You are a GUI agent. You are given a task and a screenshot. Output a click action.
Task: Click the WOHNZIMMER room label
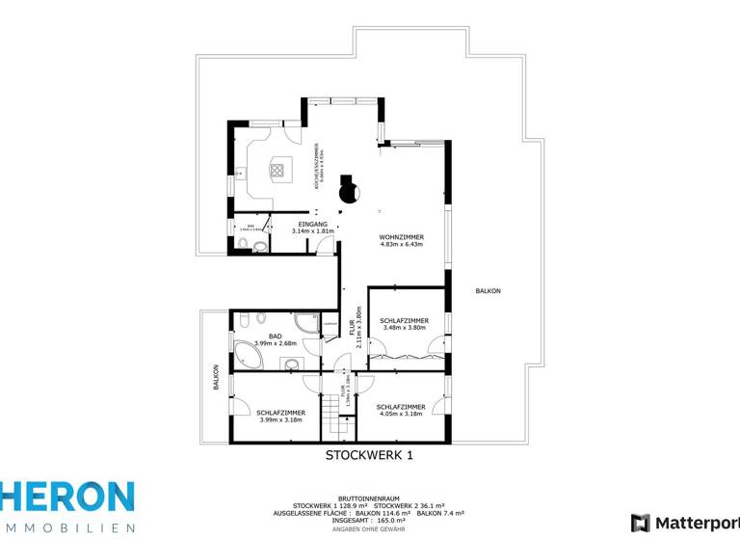pyautogui.click(x=402, y=237)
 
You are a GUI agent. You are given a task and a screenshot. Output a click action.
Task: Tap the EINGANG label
pyautogui.click(x=312, y=224)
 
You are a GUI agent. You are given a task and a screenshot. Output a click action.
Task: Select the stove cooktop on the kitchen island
pyautogui.click(x=278, y=171)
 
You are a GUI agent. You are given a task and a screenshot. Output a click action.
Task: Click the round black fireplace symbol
pyautogui.click(x=349, y=193)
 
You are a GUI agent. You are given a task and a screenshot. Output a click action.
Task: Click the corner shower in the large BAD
pyautogui.click(x=307, y=323)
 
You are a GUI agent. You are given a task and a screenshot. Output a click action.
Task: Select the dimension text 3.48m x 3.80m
pyautogui.click(x=404, y=328)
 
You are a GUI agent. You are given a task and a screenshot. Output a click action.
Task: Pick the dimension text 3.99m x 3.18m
pyautogui.click(x=281, y=419)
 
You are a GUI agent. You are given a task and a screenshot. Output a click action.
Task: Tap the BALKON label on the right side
pyautogui.click(x=488, y=290)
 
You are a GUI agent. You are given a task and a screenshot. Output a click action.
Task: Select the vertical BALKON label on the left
pyautogui.click(x=217, y=375)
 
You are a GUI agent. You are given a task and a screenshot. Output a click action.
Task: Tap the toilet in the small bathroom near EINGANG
pyautogui.click(x=261, y=246)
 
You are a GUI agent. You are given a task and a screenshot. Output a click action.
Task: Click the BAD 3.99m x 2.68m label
pyautogui.click(x=276, y=339)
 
